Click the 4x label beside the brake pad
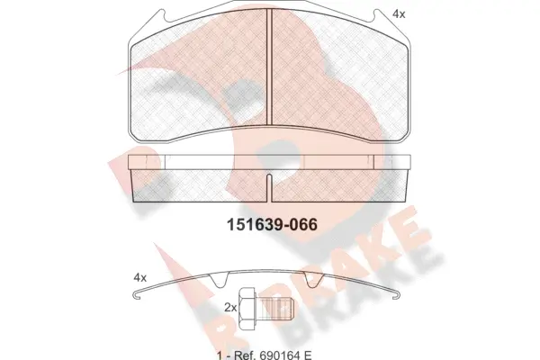(399, 13)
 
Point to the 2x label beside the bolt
(230, 308)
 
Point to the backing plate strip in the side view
(270, 161)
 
